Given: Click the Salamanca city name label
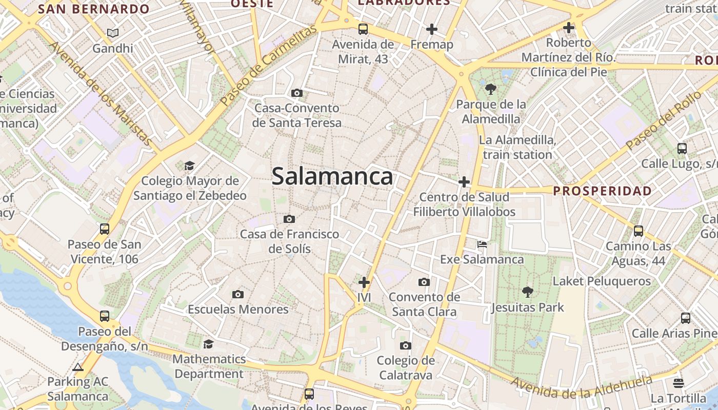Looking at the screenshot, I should point(332,177).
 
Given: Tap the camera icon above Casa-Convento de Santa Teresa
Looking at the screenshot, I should point(296,93).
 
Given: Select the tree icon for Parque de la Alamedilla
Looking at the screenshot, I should point(491,89).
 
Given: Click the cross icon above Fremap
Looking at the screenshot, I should point(432,29).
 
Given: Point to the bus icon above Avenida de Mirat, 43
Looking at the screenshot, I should point(363,29).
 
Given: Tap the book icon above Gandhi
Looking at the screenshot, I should point(113,33).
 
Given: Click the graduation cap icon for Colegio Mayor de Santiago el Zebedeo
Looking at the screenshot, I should point(190,166).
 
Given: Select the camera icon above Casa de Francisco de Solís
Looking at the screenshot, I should point(289,219).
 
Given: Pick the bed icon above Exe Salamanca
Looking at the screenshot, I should point(482,244).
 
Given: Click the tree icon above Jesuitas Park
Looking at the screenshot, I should point(527,292).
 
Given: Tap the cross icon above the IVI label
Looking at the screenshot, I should point(364,282).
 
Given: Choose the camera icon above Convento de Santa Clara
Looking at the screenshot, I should point(424,282).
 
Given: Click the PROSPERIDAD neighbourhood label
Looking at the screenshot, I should point(603,191).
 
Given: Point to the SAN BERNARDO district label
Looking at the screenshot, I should point(94,9).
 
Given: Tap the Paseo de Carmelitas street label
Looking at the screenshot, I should point(268,66).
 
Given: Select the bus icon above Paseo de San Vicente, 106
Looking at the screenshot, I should point(105,229).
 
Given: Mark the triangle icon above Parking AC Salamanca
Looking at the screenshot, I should point(78,367).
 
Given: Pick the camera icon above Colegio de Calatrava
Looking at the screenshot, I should point(406,345).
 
